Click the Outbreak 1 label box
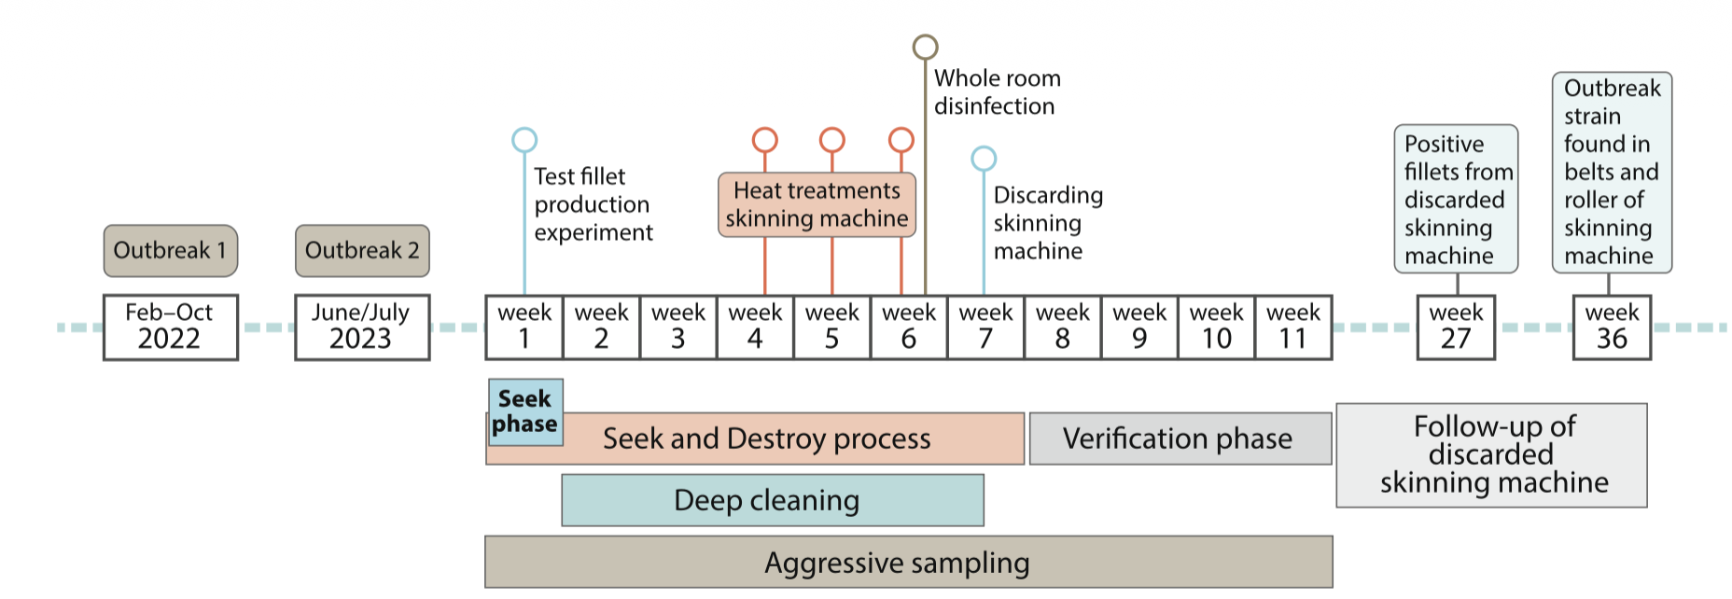(x=170, y=251)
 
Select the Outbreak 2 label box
(x=362, y=251)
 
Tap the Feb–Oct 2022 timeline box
(x=170, y=327)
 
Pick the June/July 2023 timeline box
(x=362, y=327)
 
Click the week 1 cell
(x=524, y=327)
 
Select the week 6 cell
(x=909, y=327)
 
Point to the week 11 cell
(x=1293, y=327)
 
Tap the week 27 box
(x=1456, y=327)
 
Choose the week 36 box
(x=1612, y=327)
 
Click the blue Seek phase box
(x=525, y=411)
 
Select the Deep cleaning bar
(x=772, y=500)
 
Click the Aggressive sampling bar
(x=908, y=562)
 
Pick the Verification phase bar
(x=1180, y=439)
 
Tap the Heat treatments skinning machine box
(x=817, y=204)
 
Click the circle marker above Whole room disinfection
(x=925, y=47)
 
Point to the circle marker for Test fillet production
(x=524, y=140)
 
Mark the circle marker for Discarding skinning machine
(x=984, y=159)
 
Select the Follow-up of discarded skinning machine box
(x=1491, y=454)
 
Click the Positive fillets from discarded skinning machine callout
(x=1456, y=199)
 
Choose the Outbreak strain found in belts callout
(x=1612, y=173)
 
